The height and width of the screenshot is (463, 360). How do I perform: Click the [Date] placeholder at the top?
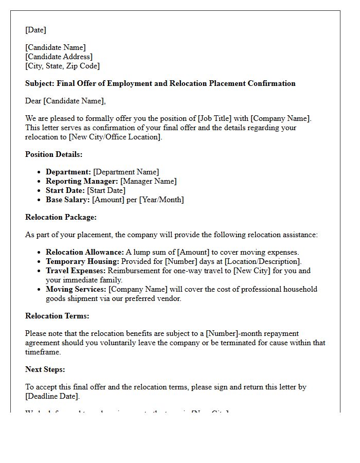tap(35, 30)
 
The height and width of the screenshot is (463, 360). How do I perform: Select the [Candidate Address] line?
tap(59, 57)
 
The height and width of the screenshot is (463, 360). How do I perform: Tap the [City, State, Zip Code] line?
tap(62, 66)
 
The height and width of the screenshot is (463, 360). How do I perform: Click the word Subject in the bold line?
tap(39, 83)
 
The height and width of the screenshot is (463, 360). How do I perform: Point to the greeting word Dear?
tap(33, 101)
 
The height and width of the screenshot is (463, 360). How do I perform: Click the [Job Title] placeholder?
tap(217, 118)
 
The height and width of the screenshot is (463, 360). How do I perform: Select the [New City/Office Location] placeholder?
tap(111, 137)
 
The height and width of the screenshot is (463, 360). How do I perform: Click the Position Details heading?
tap(53, 154)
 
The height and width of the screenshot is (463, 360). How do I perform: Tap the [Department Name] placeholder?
tap(126, 172)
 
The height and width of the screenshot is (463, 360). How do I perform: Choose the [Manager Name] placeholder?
tap(148, 181)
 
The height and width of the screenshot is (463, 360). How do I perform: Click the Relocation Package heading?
tap(61, 217)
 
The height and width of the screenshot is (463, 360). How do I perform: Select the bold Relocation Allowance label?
tap(84, 252)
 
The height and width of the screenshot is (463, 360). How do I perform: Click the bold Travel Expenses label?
tap(75, 271)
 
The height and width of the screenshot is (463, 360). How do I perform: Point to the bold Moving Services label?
tap(76, 289)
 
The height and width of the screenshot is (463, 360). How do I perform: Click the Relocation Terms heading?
tap(57, 316)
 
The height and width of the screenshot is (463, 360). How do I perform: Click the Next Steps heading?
tap(45, 369)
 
